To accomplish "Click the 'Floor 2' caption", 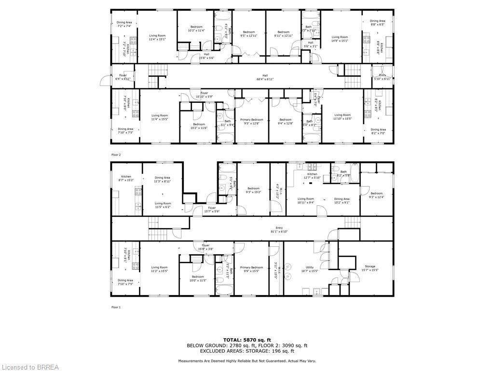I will (x=116, y=155).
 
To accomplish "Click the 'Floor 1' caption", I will (x=116, y=307).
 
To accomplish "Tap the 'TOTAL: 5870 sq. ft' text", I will (x=247, y=340).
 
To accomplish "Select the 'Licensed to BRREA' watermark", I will (x=30, y=367).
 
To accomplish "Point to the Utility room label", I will (x=309, y=269).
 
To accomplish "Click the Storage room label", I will (x=370, y=268).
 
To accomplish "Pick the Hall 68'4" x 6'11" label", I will (x=265, y=77).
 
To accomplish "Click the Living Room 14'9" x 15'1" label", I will (x=339, y=39).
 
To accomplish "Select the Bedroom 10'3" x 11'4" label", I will (x=196, y=29).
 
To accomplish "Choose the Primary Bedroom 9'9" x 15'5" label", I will (x=251, y=269).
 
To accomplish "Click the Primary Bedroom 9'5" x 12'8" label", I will (x=251, y=121).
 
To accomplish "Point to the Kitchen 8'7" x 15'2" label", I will (x=126, y=178).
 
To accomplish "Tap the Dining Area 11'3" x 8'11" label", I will (x=162, y=179).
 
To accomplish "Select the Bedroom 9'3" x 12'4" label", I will (x=376, y=195).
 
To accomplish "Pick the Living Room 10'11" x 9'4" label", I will (x=305, y=200).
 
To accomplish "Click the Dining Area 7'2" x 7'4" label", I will (x=124, y=24).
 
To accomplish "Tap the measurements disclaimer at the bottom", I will (x=247, y=361).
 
